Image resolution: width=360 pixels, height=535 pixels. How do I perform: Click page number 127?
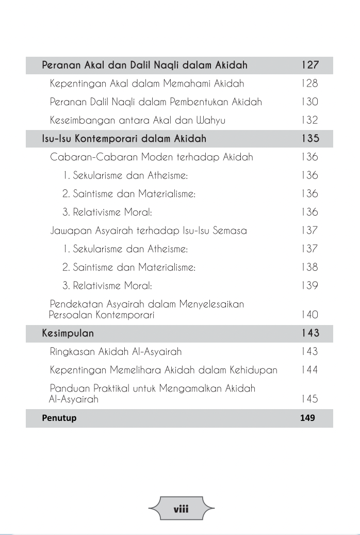(309, 66)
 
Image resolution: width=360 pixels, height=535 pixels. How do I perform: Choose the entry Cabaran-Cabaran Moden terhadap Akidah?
(152, 157)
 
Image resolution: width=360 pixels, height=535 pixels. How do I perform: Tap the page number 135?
(309, 139)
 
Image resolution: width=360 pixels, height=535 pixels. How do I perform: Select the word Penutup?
(59, 418)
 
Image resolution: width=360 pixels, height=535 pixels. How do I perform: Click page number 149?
(307, 418)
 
